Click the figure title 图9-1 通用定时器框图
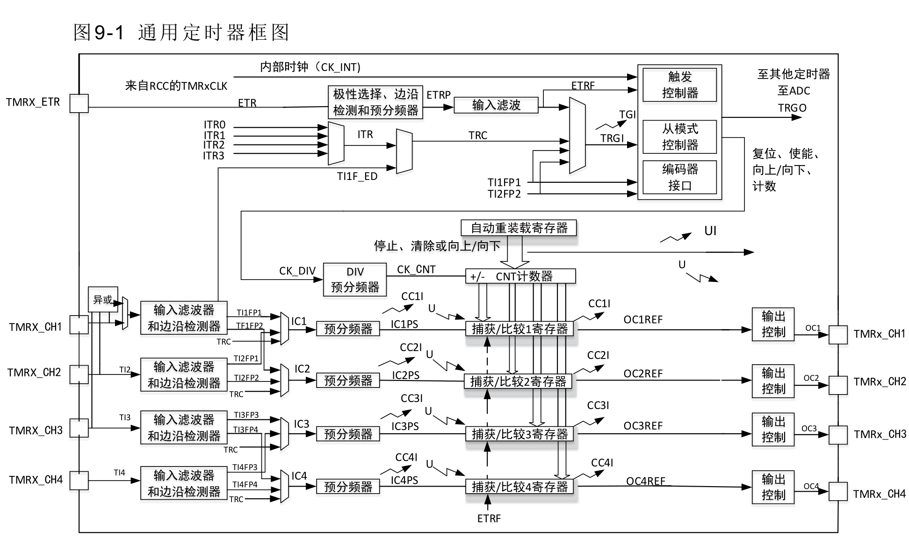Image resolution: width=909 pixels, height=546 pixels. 181,33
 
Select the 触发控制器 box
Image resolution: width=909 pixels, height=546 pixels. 679,85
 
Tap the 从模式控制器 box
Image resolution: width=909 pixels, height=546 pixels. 679,137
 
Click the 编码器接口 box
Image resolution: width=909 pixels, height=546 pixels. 679,177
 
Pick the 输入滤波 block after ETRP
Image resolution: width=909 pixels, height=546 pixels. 496,105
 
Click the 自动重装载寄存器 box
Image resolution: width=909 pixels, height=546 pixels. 519,228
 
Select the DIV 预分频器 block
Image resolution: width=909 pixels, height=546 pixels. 355,280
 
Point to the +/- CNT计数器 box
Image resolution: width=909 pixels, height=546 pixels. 520,276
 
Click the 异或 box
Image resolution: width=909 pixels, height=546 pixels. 103,299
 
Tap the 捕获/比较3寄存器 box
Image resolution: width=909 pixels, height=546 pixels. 519,434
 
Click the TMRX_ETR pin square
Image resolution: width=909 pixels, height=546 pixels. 79,103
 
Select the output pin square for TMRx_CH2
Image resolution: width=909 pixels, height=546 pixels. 838,385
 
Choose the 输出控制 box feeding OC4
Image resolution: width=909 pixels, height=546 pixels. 773,487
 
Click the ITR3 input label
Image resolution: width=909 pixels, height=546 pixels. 214,156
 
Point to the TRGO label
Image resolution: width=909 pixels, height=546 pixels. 792,108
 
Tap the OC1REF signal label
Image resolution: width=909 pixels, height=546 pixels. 643,320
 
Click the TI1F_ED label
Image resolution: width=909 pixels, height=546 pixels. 357,177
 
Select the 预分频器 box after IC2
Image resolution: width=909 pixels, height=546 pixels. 348,381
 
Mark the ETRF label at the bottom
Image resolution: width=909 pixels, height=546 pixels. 489,518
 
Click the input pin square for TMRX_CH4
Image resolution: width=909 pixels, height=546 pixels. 79,480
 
